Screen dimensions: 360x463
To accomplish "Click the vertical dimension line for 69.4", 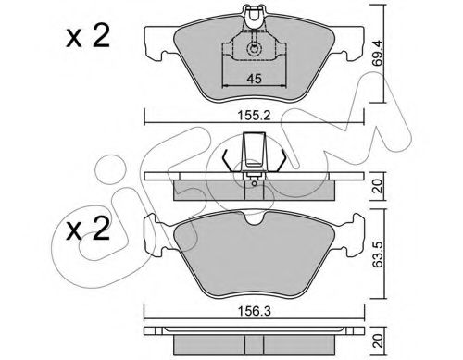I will [386, 56].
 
